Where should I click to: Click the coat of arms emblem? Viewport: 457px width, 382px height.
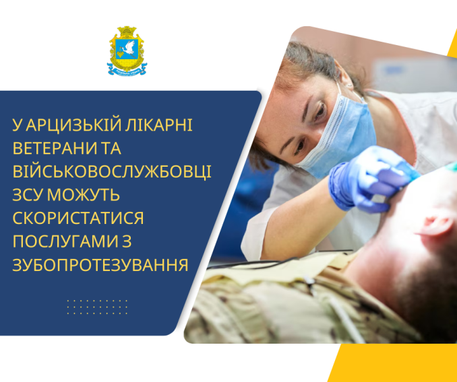pyautogui.click(x=127, y=51)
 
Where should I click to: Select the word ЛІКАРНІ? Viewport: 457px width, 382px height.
pyautogui.click(x=159, y=125)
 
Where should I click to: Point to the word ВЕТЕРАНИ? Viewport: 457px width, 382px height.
pyautogui.click(x=55, y=148)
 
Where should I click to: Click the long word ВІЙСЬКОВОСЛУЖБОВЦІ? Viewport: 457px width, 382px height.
pyautogui.click(x=112, y=171)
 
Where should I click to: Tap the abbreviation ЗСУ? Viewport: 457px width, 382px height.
pyautogui.click(x=28, y=195)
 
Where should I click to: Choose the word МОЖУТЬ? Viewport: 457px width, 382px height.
pyautogui.click(x=84, y=195)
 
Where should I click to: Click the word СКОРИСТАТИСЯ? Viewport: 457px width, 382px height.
pyautogui.click(x=78, y=219)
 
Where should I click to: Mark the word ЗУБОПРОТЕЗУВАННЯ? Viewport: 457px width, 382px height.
pyautogui.click(x=100, y=265)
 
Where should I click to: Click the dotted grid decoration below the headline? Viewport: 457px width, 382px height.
pyautogui.click(x=97, y=307)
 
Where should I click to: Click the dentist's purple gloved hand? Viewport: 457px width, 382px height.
pyautogui.click(x=370, y=179)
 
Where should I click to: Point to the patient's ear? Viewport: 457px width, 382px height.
pyautogui.click(x=435, y=225)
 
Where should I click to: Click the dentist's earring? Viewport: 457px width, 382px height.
pyautogui.click(x=348, y=85)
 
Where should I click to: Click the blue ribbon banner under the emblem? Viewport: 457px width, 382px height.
pyautogui.click(x=127, y=70)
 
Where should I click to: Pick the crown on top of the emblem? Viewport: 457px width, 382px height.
pyautogui.click(x=127, y=31)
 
